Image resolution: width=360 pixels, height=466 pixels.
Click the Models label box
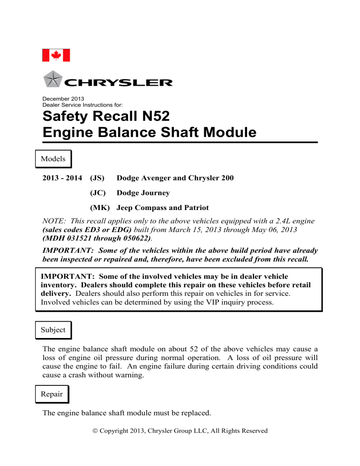click(x=53, y=158)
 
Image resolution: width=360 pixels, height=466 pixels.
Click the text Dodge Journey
click(x=143, y=193)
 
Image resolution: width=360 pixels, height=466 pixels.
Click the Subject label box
click(x=53, y=330)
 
